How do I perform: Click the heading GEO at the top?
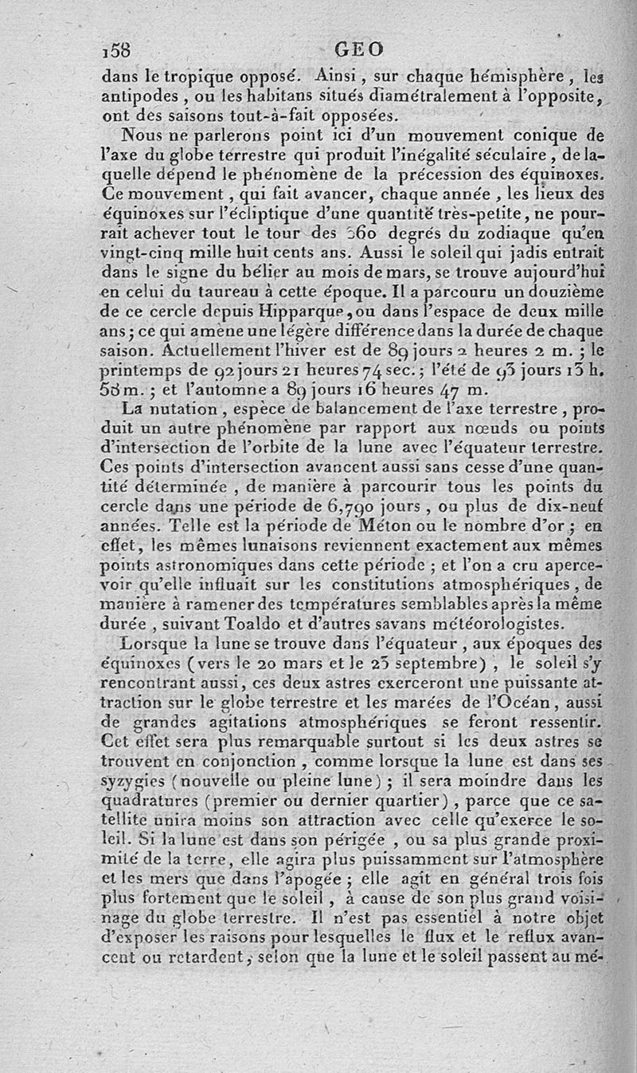[359, 49]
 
